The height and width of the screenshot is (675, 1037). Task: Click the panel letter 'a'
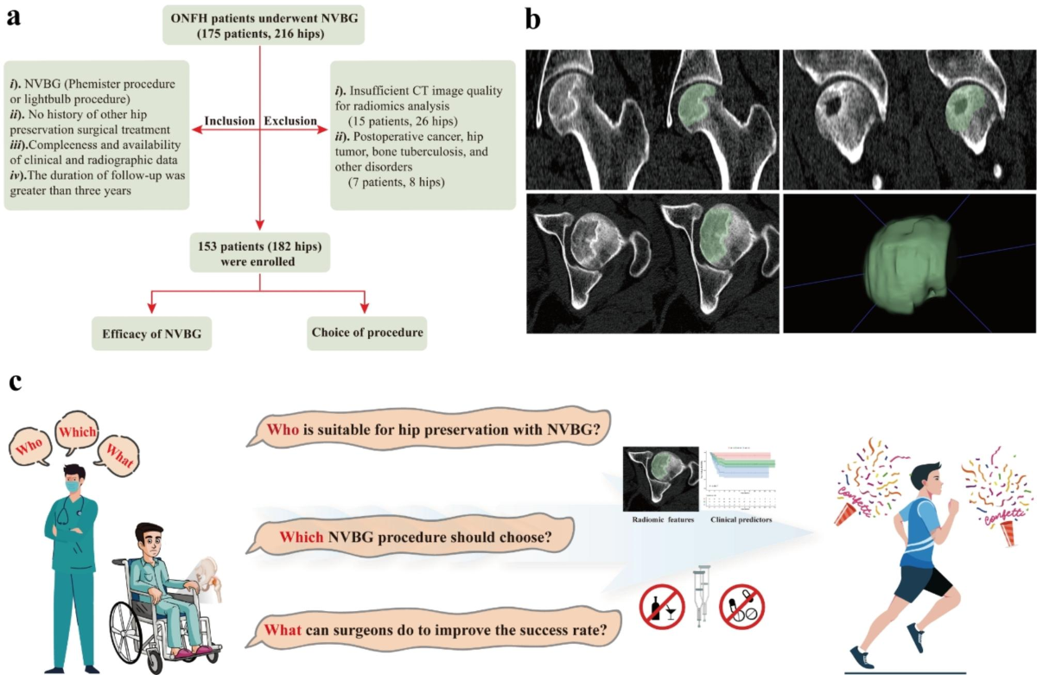13,16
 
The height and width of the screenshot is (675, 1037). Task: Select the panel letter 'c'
15,381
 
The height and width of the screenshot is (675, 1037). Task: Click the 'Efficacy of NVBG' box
152,333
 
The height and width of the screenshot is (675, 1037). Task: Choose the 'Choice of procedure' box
366,333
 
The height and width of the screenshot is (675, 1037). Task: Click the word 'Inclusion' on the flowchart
229,120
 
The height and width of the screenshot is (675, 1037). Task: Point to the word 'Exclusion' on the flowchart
292,120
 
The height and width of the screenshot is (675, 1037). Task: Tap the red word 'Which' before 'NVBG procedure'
302,538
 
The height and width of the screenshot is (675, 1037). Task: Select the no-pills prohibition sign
743,606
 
